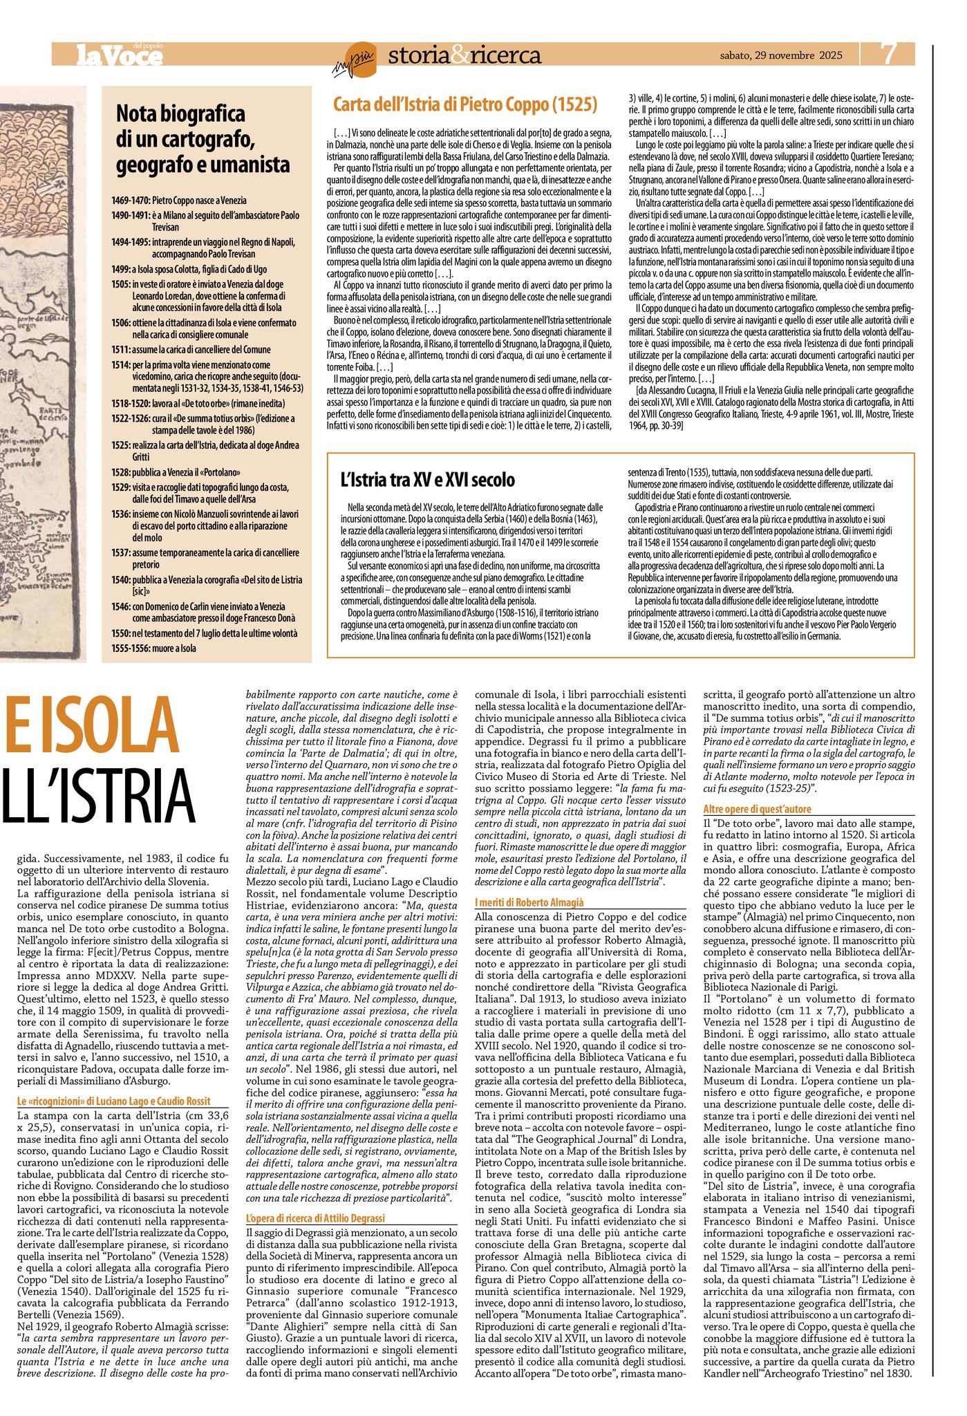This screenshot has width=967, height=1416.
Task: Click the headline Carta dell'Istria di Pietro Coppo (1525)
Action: [x=465, y=105]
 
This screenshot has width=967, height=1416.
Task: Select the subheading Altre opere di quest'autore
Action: [x=757, y=808]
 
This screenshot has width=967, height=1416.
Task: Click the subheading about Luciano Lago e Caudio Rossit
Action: [x=113, y=1101]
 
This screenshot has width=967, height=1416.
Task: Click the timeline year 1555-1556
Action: [x=131, y=648]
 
